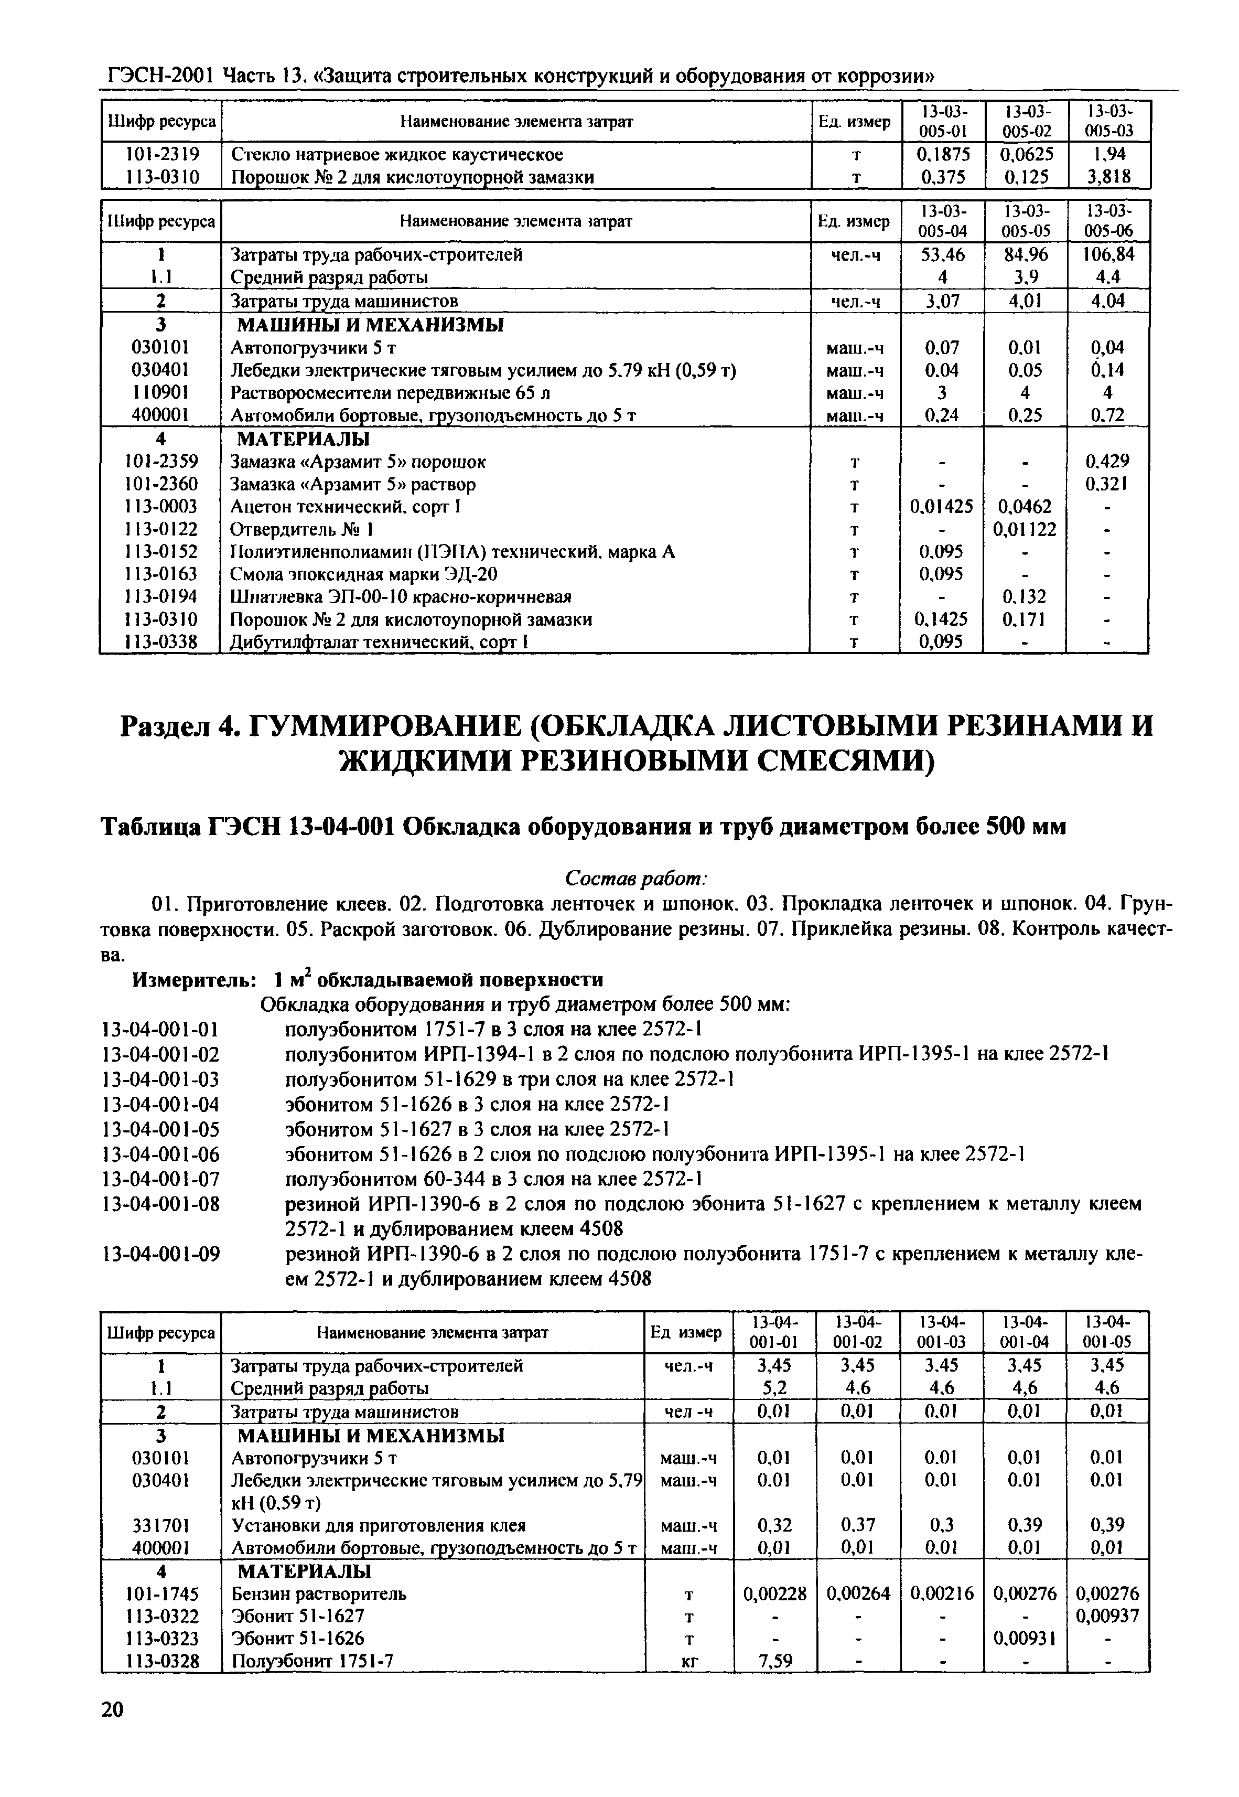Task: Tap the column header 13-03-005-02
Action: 1026,121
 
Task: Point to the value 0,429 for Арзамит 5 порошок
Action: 1107,461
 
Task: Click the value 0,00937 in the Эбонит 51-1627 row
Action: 1107,1616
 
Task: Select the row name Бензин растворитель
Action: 319,1593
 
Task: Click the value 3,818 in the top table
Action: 1108,177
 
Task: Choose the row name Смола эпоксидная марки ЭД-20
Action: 364,574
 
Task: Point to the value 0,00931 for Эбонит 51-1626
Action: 1025,1638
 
